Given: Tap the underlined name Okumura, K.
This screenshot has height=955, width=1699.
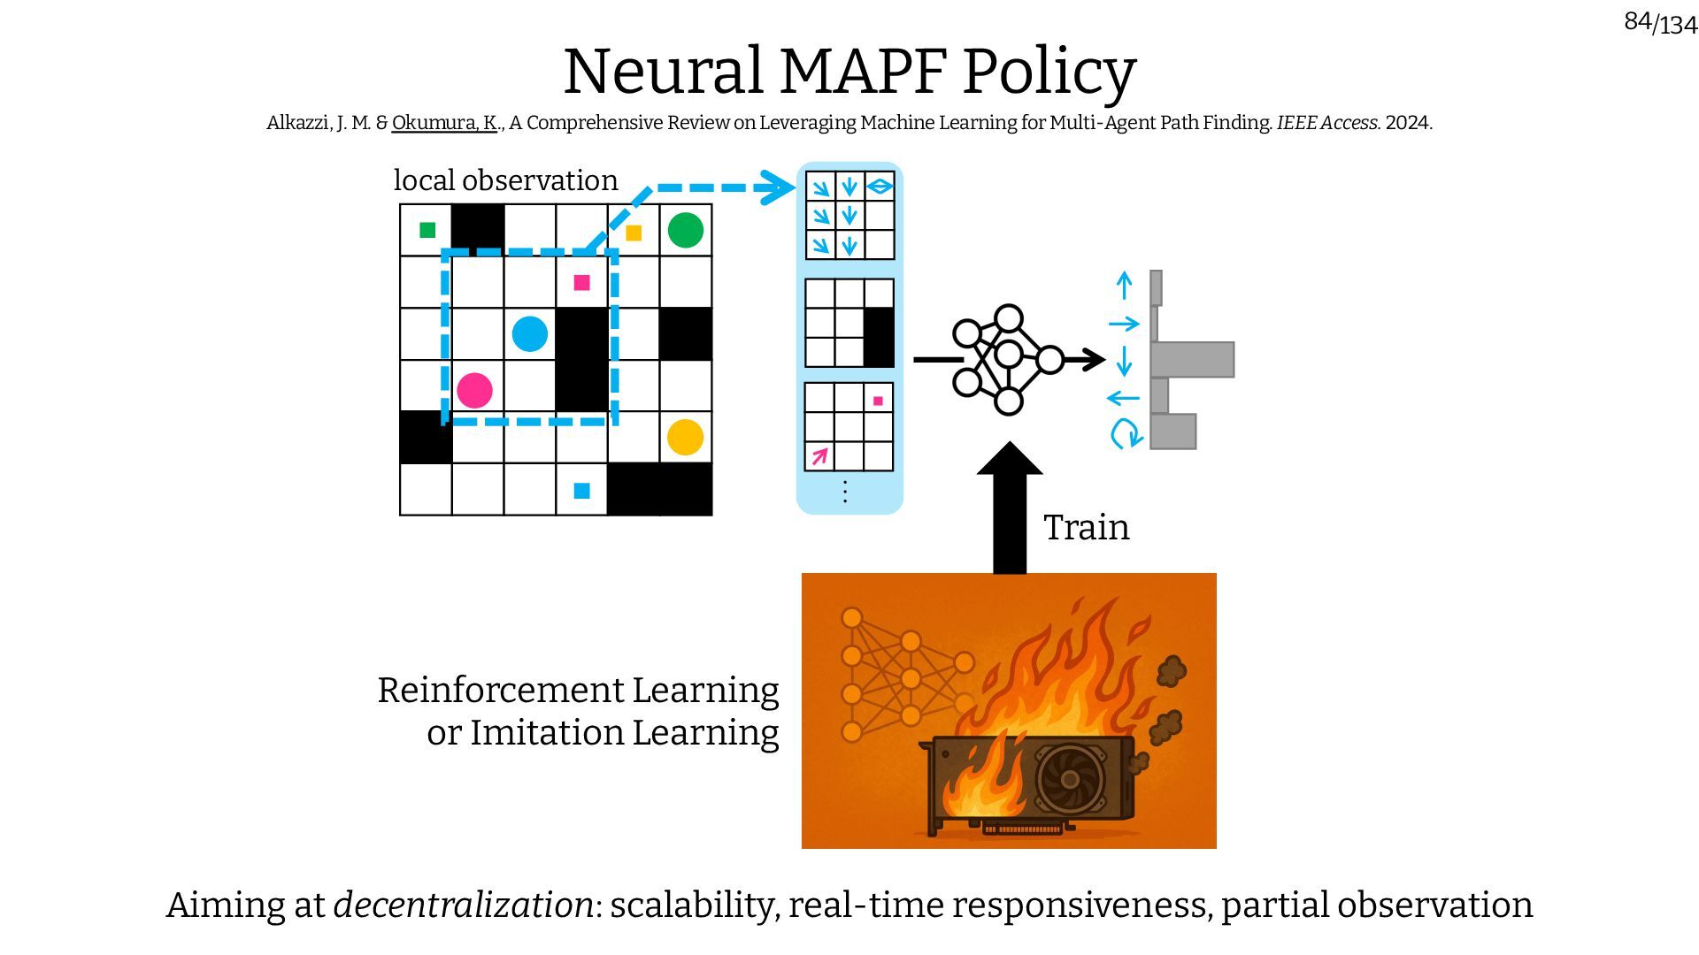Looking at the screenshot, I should click(444, 123).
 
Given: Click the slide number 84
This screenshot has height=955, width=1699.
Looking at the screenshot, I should click(1637, 21).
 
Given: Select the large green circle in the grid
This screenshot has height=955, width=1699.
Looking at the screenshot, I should click(685, 230).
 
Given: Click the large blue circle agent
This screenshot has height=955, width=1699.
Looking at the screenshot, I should click(529, 334).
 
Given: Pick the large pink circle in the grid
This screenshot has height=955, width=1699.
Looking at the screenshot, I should click(474, 390).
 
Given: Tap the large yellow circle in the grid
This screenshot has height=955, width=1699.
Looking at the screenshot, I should click(685, 437).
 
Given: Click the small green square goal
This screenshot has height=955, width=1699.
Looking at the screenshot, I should click(427, 230).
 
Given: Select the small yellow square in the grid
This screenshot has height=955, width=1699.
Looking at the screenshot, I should click(634, 233).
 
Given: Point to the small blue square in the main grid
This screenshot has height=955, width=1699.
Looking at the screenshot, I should click(581, 491).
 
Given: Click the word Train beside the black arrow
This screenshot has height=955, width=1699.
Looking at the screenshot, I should click(1086, 528).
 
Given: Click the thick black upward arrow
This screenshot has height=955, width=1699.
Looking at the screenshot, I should click(1009, 513).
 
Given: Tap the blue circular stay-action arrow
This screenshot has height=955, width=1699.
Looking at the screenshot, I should click(1126, 433).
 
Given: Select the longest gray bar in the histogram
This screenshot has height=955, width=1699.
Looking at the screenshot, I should click(1192, 360).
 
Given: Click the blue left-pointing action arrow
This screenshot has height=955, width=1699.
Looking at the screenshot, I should click(1123, 398).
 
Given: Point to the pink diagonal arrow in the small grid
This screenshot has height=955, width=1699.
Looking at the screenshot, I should click(819, 456).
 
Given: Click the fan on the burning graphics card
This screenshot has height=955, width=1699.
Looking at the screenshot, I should click(1070, 779).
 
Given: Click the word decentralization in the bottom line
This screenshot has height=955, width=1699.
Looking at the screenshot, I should click(463, 905).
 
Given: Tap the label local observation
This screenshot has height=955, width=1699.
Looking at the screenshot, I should click(505, 180).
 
